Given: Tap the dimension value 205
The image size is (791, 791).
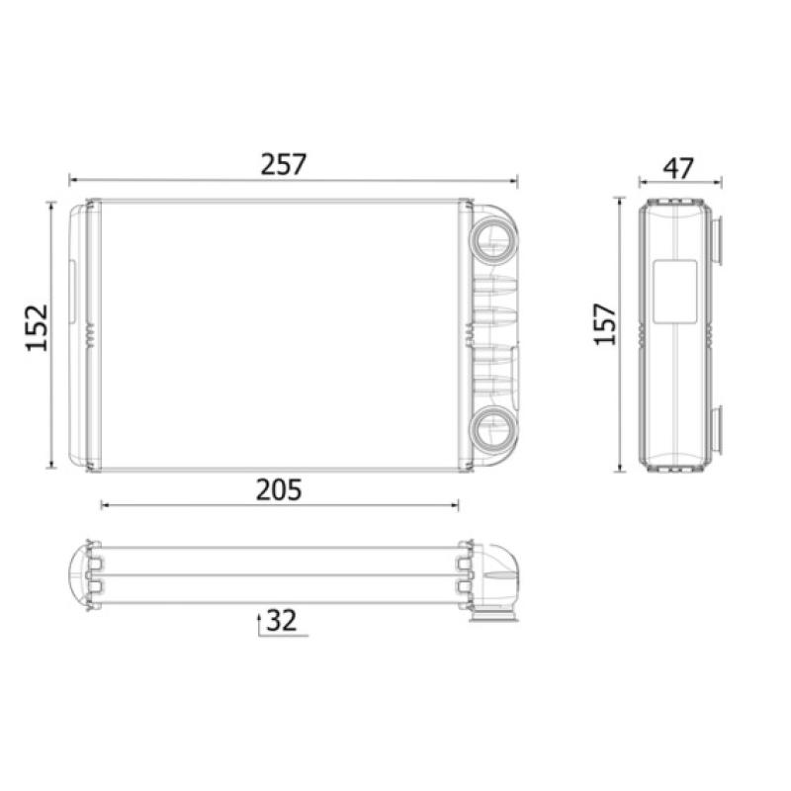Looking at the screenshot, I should click(280, 488).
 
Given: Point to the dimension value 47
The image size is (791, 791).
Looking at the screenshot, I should click(677, 167).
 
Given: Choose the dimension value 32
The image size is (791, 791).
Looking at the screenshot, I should click(282, 621).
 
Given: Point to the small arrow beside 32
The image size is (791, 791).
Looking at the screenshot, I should click(260, 621).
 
